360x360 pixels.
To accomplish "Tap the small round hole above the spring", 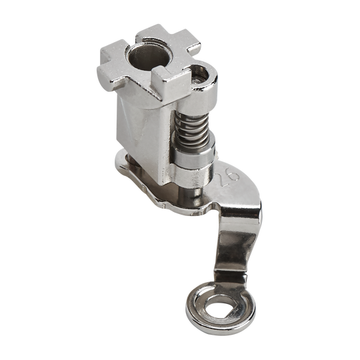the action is click(x=199, y=75).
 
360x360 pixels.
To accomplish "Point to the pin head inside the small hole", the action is click(x=197, y=80).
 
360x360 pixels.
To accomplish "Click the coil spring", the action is click(x=193, y=131).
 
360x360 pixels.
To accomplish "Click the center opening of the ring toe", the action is click(x=221, y=307).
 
